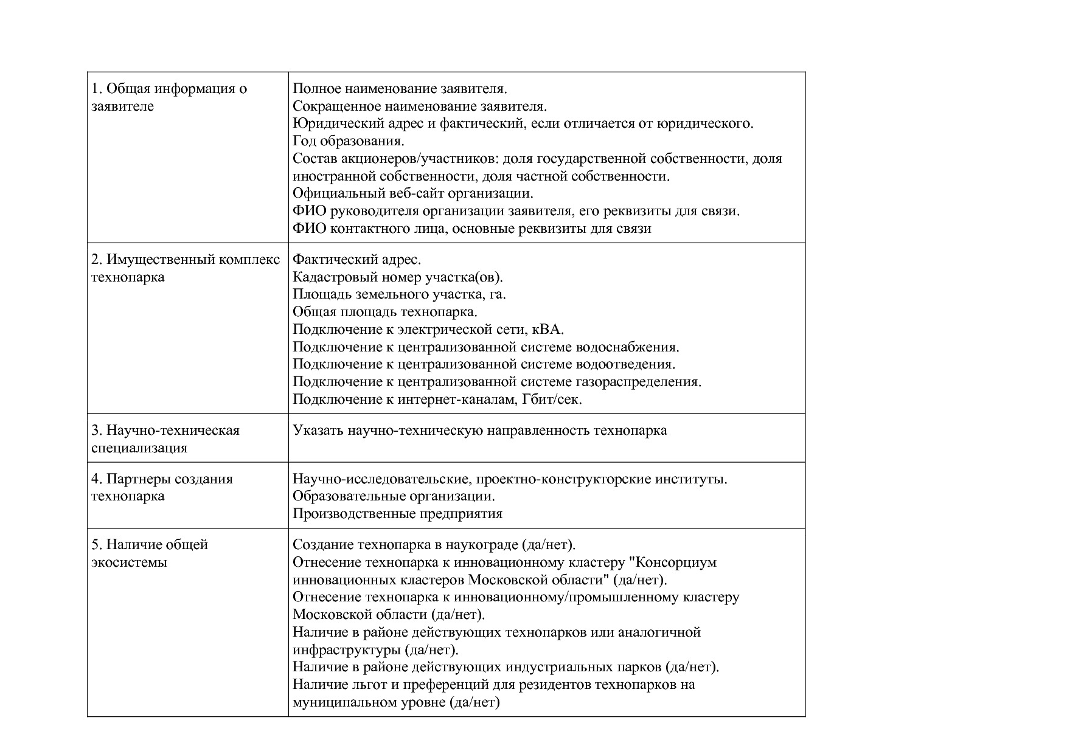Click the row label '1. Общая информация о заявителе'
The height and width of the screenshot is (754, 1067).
(x=169, y=97)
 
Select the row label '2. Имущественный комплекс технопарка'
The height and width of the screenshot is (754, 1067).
(x=186, y=268)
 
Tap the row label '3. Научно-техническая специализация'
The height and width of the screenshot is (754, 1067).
(x=165, y=439)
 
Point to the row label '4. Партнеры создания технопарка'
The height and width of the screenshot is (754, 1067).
(x=162, y=487)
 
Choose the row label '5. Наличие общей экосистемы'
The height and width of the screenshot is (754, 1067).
(x=150, y=553)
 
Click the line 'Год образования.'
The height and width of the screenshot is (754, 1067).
(x=349, y=141)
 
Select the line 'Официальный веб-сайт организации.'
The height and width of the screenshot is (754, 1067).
(x=412, y=193)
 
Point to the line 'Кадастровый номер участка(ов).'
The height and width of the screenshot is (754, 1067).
(x=398, y=277)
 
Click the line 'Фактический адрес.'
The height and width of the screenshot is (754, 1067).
(x=356, y=260)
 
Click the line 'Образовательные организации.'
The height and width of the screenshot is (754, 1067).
(x=394, y=496)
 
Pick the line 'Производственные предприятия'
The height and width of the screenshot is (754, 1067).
(x=397, y=514)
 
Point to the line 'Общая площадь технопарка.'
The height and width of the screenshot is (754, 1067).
(x=385, y=312)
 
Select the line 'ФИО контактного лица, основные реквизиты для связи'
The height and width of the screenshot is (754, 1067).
(x=471, y=229)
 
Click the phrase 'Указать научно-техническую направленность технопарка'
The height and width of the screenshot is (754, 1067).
(x=479, y=431)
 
